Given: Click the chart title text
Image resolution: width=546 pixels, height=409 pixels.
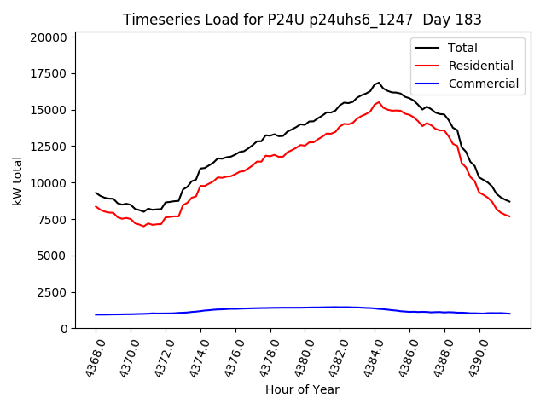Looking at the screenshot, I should pyautogui.click(x=302, y=20).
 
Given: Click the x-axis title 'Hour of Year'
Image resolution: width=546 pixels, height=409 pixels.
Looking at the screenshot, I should pyautogui.click(x=302, y=389).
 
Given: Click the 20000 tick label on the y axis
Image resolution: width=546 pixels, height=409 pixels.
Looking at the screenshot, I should pyautogui.click(x=48, y=37).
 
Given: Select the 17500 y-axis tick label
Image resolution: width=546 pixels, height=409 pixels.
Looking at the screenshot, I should pyautogui.click(x=48, y=74).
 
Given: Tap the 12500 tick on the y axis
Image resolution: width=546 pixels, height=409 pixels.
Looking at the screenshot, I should pyautogui.click(x=48, y=147).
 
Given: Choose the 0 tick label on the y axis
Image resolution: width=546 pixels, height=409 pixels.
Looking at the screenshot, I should pyautogui.click(x=65, y=329).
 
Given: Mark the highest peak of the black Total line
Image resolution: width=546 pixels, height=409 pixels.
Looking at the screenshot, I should pyautogui.click(x=379, y=83).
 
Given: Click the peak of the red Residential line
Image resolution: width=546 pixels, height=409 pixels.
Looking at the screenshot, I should pyautogui.click(x=379, y=102).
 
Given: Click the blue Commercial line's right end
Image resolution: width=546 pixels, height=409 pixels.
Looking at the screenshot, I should pyautogui.click(x=509, y=314).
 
